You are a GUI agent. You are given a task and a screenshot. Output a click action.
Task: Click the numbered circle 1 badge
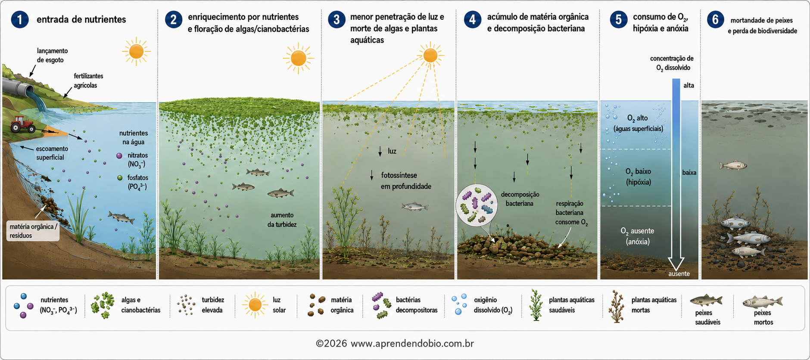pyautogui.click(x=19, y=19)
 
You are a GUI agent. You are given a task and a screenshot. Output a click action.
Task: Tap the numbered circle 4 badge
pyautogui.click(x=472, y=19)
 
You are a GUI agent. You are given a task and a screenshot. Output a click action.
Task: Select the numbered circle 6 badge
pyautogui.click(x=715, y=19)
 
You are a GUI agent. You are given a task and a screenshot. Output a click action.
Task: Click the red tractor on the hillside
pyautogui.click(x=22, y=124)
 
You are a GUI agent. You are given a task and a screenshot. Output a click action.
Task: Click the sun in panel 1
pyautogui.click(x=136, y=52)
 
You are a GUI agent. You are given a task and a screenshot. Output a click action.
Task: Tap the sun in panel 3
pyautogui.click(x=430, y=55)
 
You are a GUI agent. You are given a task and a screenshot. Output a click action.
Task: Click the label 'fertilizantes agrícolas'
pyautogui.click(x=88, y=81)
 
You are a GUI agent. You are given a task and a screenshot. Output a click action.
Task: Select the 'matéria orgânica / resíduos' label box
pyautogui.click(x=33, y=231)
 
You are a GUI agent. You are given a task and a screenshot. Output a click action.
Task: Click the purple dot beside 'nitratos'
pyautogui.click(x=119, y=155)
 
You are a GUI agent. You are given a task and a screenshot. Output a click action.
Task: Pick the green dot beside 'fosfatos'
pyautogui.click(x=120, y=177)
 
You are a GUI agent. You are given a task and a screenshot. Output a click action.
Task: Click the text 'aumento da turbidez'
pyautogui.click(x=282, y=220)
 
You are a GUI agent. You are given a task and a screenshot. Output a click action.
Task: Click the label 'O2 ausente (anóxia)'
pyautogui.click(x=638, y=236)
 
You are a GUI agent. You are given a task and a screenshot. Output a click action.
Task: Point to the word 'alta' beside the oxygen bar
pyautogui.click(x=688, y=85)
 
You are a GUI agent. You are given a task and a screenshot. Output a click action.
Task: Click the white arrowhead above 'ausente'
pyautogui.click(x=676, y=263)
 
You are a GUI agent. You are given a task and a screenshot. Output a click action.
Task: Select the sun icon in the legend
pyautogui.click(x=255, y=305)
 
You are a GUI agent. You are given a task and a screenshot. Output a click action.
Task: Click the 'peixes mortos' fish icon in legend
pyautogui.click(x=762, y=301)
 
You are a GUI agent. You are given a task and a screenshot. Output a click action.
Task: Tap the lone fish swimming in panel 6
pyautogui.click(x=733, y=165)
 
